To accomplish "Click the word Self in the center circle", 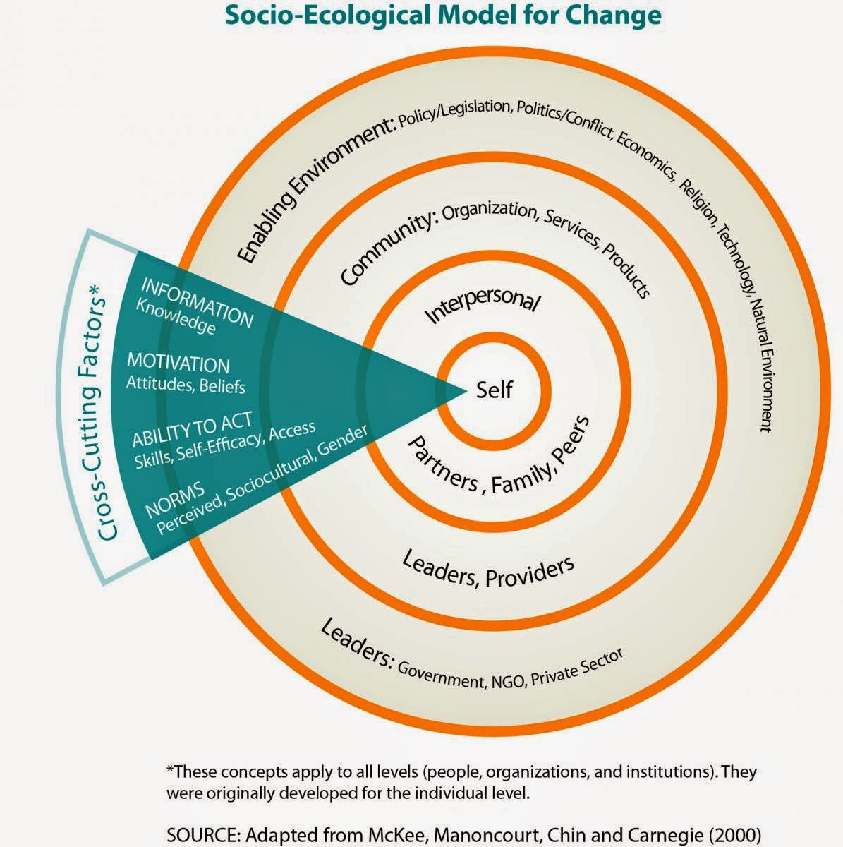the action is pyautogui.click(x=494, y=390).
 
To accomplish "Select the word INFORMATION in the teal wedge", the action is pyautogui.click(x=197, y=302).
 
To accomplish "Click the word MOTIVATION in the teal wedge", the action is pyautogui.click(x=178, y=364).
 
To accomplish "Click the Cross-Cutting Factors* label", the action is pyautogui.click(x=104, y=412).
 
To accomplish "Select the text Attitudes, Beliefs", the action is pyautogui.click(x=186, y=385).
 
